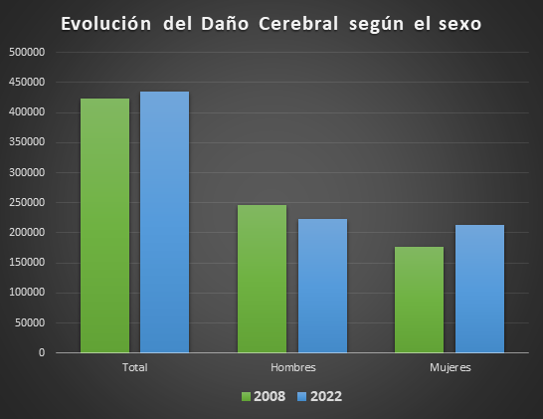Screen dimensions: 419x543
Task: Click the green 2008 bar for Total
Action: click(104, 225)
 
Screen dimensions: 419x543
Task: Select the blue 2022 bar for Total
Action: click(164, 222)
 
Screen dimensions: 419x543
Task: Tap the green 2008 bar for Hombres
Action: click(262, 279)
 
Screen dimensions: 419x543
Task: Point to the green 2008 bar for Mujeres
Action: click(419, 299)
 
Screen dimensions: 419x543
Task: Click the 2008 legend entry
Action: click(264, 396)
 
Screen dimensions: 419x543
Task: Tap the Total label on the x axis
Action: click(134, 367)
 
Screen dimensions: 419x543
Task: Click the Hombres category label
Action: click(292, 367)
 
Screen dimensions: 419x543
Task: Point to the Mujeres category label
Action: click(450, 367)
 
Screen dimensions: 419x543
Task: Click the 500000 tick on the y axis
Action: click(28, 52)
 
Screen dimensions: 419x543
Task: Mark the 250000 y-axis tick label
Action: click(28, 202)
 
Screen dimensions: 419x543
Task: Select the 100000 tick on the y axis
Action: click(28, 293)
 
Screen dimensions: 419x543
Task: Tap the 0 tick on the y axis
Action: click(42, 352)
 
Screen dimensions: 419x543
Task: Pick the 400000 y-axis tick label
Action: click(28, 111)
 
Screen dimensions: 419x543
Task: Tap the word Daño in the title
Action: click(213, 24)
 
